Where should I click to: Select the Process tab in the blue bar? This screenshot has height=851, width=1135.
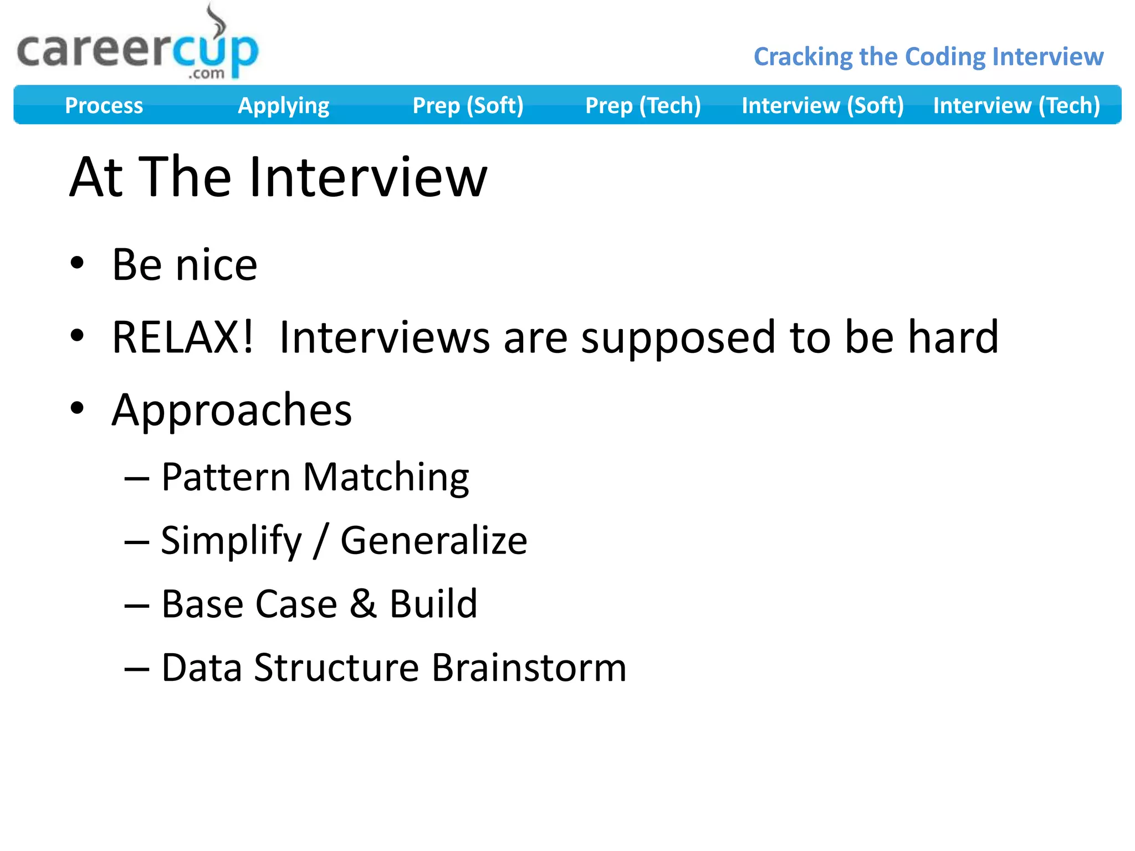point(104,105)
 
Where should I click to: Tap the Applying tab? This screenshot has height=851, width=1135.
point(283,105)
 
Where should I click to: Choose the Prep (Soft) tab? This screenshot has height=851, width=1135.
point(468,105)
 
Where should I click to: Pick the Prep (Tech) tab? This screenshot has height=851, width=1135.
point(643,105)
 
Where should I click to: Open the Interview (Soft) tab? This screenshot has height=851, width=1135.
point(822,105)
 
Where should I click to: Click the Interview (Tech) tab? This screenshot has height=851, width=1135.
point(1016,105)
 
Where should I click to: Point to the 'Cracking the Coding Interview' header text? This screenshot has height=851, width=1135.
point(928,57)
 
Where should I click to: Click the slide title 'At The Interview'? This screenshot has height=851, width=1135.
point(278,177)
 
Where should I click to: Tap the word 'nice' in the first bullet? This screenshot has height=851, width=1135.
point(216,265)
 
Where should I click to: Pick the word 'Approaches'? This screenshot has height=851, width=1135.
point(232,411)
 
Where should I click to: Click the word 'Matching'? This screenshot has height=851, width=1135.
point(386,478)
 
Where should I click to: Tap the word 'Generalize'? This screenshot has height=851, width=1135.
point(433,541)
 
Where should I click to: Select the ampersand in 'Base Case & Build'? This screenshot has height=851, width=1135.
point(363,603)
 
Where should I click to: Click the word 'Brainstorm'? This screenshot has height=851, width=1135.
point(529,668)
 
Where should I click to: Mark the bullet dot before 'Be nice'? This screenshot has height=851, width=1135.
point(77,263)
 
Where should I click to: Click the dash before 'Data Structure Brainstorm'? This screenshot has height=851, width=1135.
point(137,669)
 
